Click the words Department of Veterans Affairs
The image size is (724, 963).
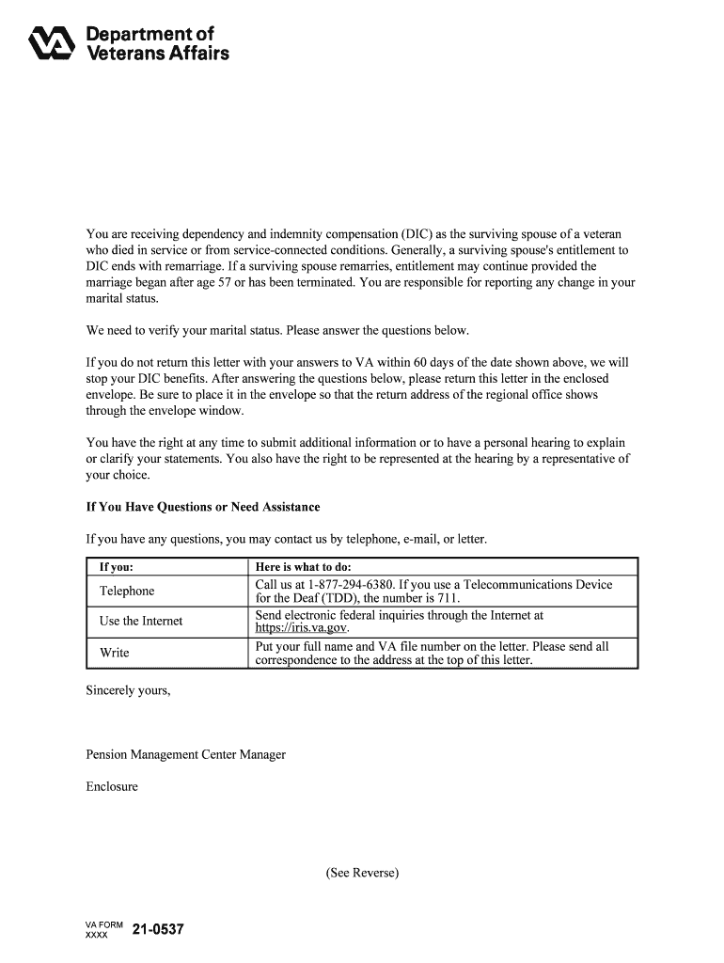point(157,44)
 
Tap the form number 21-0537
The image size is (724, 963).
point(158,930)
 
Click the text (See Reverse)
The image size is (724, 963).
point(362,873)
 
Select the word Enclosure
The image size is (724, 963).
point(112,786)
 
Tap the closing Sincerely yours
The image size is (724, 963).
point(128,690)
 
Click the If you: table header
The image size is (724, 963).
point(116,567)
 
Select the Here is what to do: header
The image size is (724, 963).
point(303,567)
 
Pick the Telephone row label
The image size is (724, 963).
point(127,591)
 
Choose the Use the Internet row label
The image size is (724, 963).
point(141,621)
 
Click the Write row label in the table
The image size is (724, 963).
point(115,653)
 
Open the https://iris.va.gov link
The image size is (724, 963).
point(301,628)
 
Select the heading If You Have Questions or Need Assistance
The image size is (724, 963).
point(203,507)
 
